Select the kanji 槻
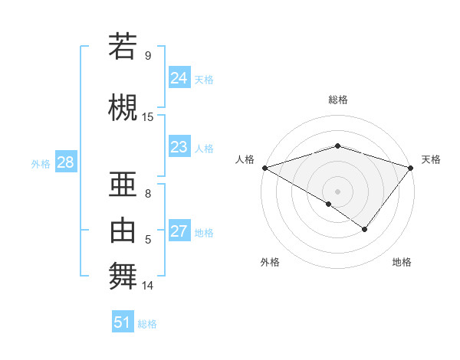click(123, 106)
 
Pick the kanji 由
click(123, 230)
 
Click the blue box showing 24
click(179, 77)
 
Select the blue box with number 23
click(179, 147)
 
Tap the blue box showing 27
click(179, 231)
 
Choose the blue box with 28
click(64, 162)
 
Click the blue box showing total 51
click(122, 322)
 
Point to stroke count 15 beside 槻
click(148, 116)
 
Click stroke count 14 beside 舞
click(148, 286)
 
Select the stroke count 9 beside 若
click(148, 55)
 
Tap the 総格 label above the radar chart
click(337, 100)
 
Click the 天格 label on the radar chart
click(431, 159)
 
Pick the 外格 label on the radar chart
click(270, 262)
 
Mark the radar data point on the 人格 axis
click(264, 168)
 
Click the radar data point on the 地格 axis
click(365, 229)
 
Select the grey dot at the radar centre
click(337, 191)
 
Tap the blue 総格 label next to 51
click(147, 324)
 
